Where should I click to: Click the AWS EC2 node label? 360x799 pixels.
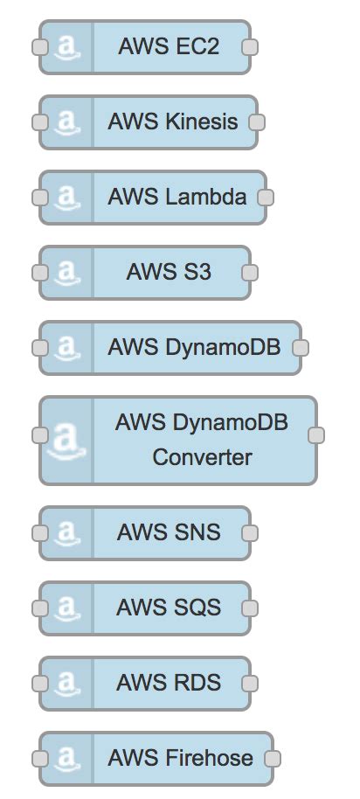(169, 47)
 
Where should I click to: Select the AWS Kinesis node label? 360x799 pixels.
(172, 122)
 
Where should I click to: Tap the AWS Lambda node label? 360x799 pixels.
(177, 198)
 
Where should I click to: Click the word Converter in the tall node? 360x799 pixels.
(202, 457)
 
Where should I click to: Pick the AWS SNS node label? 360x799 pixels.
(169, 532)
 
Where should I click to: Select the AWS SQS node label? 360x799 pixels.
(169, 608)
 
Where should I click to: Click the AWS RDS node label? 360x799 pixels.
(169, 683)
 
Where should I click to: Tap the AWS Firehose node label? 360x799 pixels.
(180, 758)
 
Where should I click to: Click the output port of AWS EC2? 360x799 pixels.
(250, 47)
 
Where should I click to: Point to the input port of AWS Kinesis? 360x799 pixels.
(38, 122)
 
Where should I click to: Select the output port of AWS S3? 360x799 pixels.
(250, 273)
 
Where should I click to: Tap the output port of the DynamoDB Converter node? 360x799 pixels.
(317, 434)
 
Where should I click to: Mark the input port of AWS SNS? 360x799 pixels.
(38, 532)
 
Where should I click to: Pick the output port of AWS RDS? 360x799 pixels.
(250, 683)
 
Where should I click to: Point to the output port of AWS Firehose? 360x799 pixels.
(273, 758)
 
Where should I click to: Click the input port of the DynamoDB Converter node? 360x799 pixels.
(38, 434)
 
